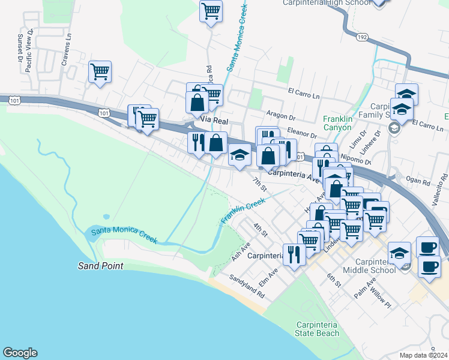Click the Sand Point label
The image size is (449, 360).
coord(101,266)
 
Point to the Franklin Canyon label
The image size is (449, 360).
coord(340,123)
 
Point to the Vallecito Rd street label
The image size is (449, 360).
coord(438,179)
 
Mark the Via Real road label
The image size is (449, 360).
coord(214,121)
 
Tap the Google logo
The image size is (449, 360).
coord(20,353)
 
